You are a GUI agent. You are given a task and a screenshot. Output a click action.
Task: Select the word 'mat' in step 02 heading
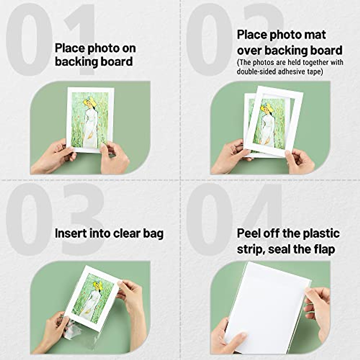(314, 35)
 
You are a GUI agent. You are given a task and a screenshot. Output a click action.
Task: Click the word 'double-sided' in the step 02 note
(255, 72)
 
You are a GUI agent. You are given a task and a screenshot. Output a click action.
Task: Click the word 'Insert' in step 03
(70, 233)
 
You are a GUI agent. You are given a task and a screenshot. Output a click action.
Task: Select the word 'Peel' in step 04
(249, 233)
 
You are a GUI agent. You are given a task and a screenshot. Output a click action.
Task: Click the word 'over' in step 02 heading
(249, 50)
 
